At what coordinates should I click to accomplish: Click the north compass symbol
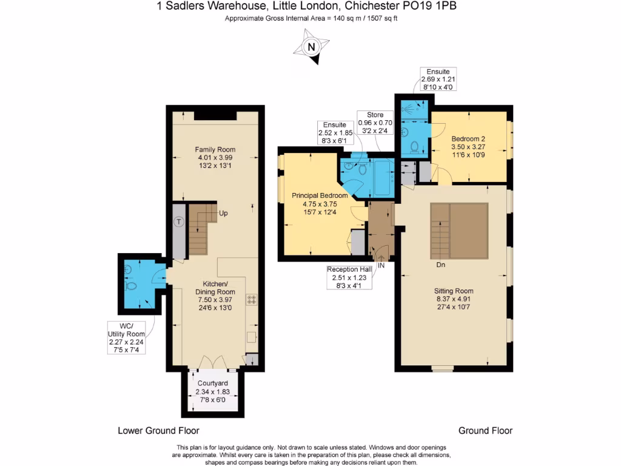311,47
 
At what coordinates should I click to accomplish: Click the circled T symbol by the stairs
178,221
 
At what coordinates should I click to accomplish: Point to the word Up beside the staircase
223,214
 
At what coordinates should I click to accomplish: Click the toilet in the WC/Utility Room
130,285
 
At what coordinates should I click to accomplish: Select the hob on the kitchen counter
251,299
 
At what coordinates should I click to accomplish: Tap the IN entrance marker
381,265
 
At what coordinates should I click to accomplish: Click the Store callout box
375,123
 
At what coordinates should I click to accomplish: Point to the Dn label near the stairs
441,265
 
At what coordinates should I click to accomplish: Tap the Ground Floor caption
485,431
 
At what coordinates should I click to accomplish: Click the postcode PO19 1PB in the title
435,7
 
